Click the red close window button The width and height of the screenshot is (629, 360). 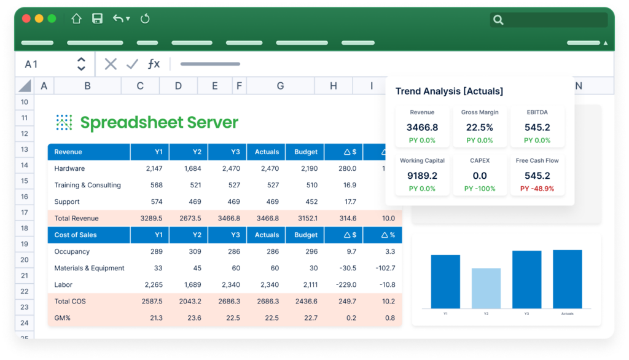26,19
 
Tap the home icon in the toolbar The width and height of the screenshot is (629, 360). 77,19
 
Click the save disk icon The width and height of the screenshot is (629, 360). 97,19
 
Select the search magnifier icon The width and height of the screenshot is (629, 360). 498,20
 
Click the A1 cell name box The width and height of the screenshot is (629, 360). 31,64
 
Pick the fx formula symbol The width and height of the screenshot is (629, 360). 154,64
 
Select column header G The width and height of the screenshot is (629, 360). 280,86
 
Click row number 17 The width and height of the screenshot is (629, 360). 25,213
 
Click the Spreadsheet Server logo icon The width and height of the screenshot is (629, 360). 64,122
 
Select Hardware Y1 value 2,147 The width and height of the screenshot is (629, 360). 154,168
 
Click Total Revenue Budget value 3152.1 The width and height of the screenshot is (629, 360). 307,218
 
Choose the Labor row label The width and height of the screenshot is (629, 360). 64,284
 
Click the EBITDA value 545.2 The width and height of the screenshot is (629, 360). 537,128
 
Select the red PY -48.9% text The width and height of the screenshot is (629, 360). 537,189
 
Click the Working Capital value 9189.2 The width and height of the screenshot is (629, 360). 422,176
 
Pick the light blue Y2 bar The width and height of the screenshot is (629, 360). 486,288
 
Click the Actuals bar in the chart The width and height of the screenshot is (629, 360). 567,279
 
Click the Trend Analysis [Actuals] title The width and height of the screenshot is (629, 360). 449,91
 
